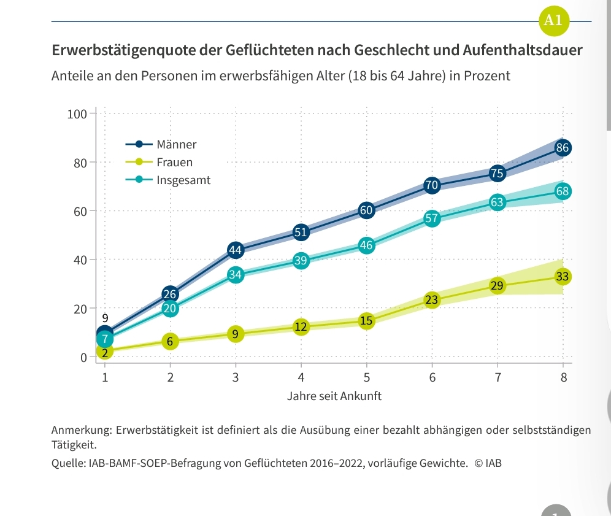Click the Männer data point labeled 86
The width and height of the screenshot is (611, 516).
pyautogui.click(x=563, y=148)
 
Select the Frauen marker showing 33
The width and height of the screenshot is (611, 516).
pyautogui.click(x=563, y=277)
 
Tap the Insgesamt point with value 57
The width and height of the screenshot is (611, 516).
pyautogui.click(x=432, y=218)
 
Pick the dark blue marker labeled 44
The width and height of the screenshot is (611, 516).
pyautogui.click(x=236, y=250)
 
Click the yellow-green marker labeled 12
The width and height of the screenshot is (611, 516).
pyautogui.click(x=301, y=327)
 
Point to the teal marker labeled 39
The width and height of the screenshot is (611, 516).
pyautogui.click(x=301, y=261)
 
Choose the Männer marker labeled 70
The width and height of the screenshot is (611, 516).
pyautogui.click(x=432, y=185)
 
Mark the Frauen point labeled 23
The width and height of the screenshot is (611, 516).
pyautogui.click(x=432, y=300)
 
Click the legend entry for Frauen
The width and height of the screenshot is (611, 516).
pyautogui.click(x=174, y=163)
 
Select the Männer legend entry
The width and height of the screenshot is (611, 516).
pyautogui.click(x=176, y=145)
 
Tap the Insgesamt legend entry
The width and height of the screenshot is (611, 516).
pyautogui.click(x=183, y=180)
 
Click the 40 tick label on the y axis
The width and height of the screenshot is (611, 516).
pyautogui.click(x=80, y=260)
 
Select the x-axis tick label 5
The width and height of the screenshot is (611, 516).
pyautogui.click(x=366, y=377)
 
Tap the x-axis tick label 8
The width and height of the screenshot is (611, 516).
pyautogui.click(x=563, y=377)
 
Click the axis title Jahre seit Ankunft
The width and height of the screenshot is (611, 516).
pyautogui.click(x=334, y=396)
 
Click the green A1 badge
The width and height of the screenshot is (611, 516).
pyautogui.click(x=553, y=20)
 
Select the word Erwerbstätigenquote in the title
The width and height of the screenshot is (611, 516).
pyautogui.click(x=123, y=50)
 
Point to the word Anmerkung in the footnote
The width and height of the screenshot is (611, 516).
pyautogui.click(x=80, y=430)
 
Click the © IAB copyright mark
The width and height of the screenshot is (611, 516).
pyautogui.click(x=488, y=463)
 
